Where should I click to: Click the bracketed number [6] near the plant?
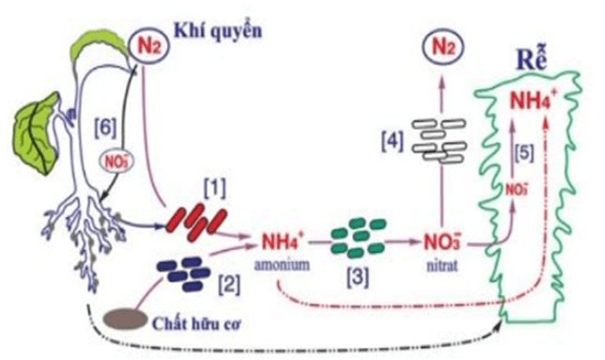(105, 124)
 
